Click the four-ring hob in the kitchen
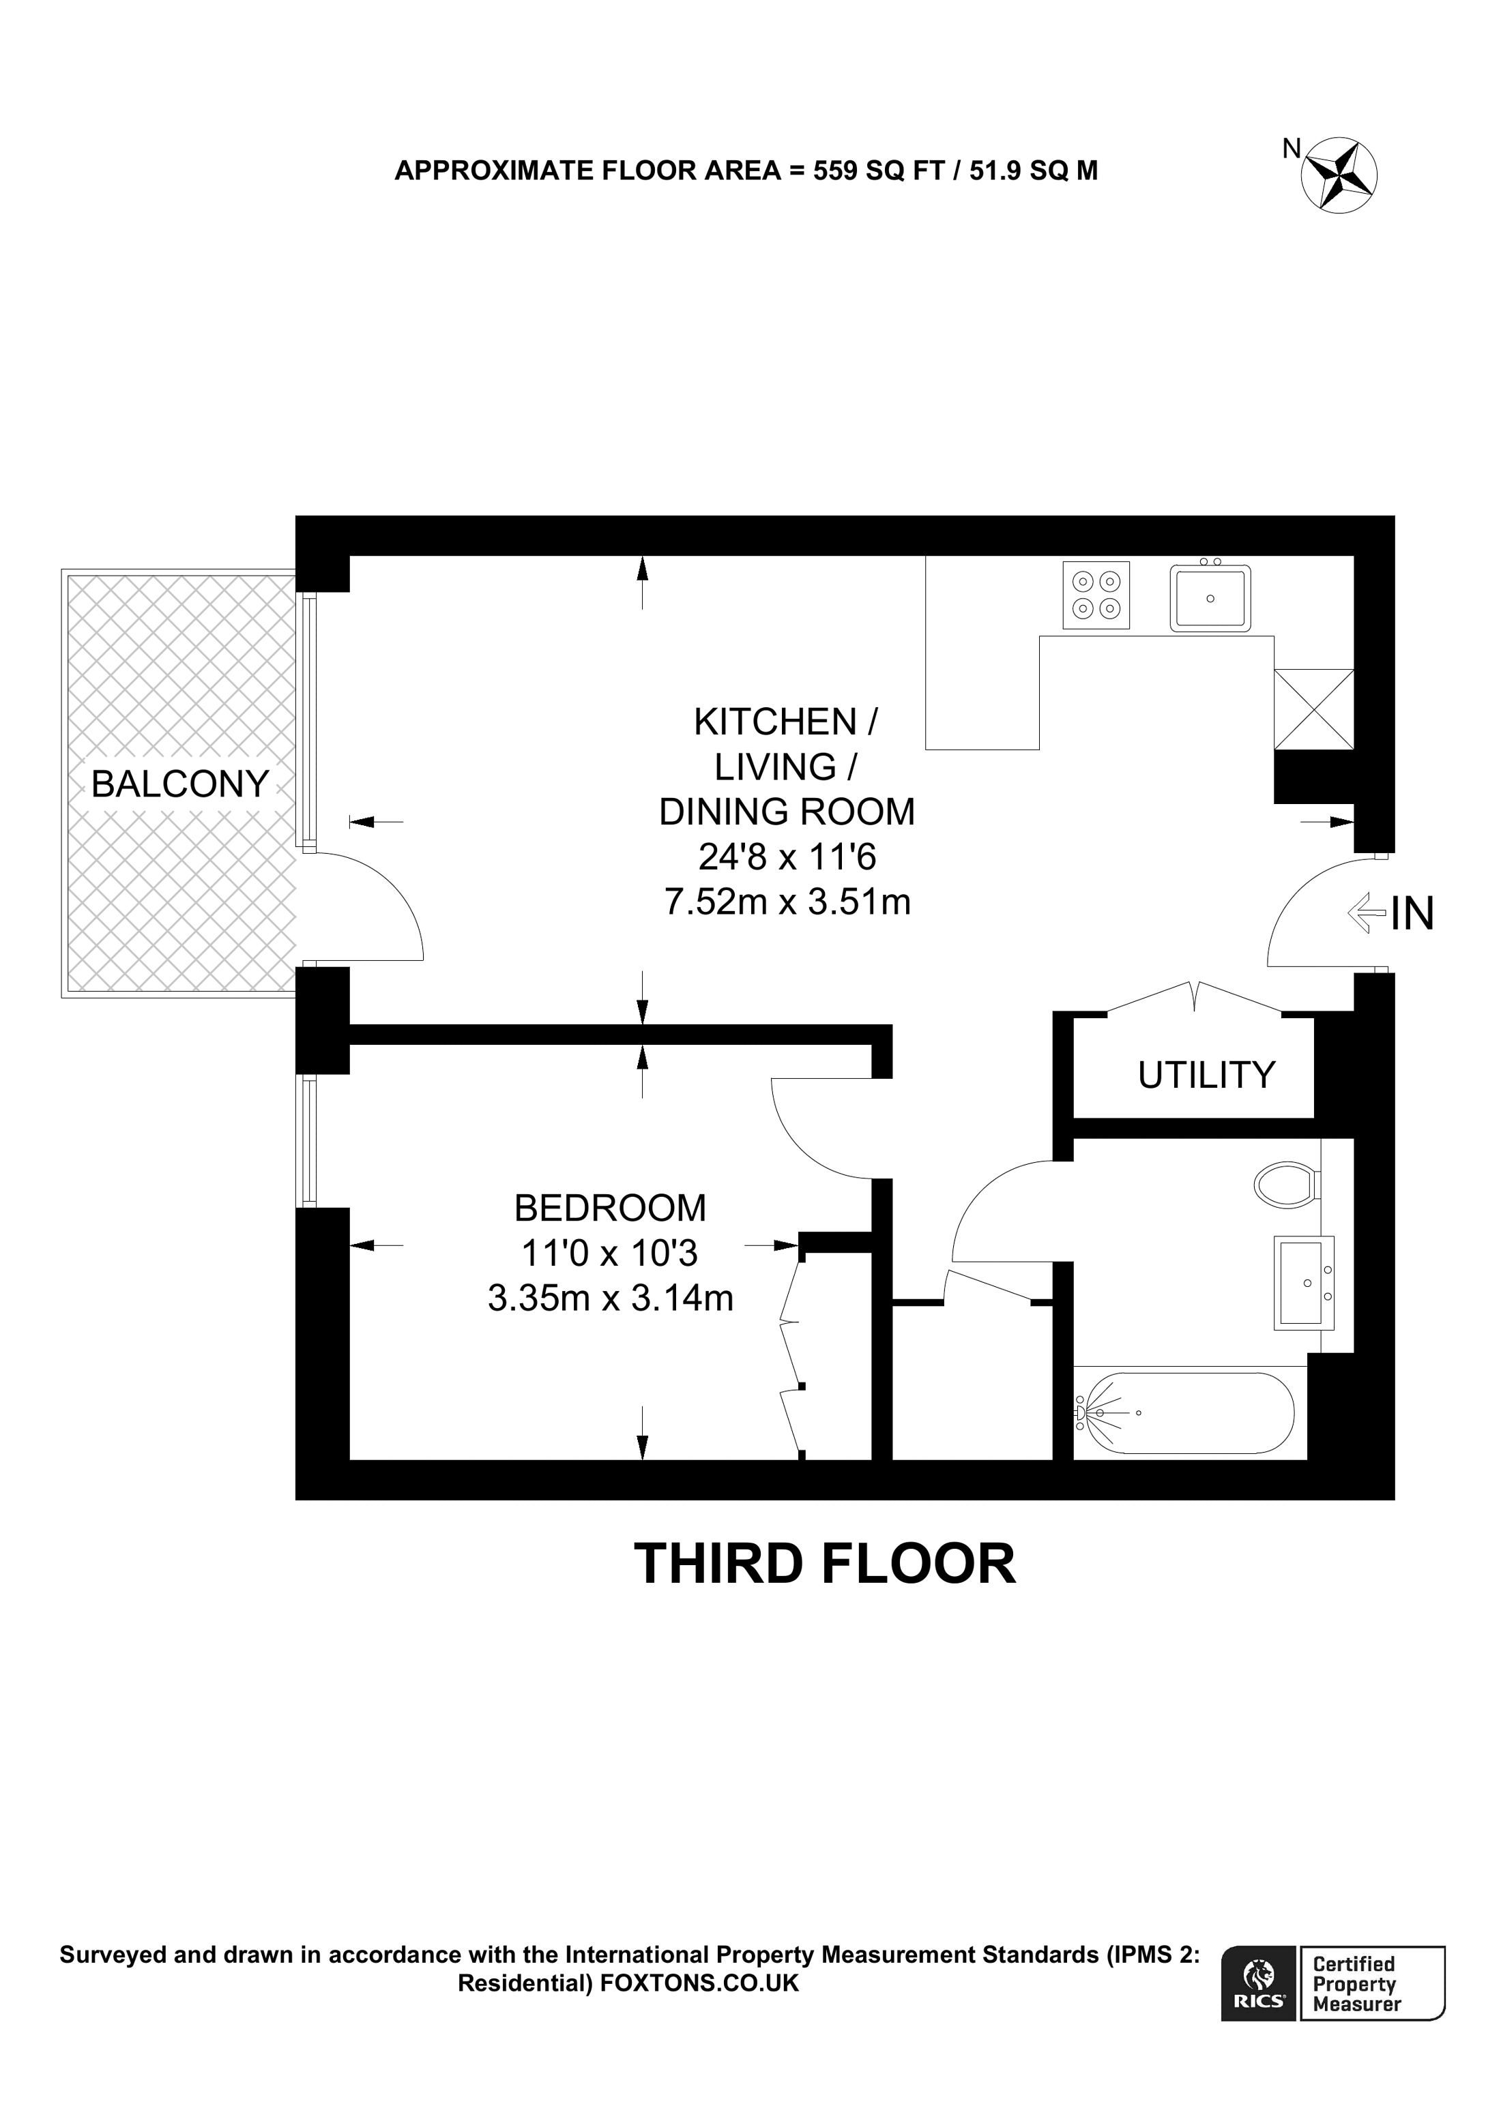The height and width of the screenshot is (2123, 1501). tap(1096, 595)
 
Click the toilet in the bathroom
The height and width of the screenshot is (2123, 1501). tap(1287, 1185)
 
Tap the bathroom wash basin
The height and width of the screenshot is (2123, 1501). tap(1304, 1283)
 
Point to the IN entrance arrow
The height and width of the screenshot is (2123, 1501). tap(1368, 914)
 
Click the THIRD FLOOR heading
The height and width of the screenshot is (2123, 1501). tap(824, 1564)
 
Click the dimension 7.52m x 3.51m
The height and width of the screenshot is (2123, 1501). tap(787, 902)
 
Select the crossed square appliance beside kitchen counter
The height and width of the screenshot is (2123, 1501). tap(1313, 709)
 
